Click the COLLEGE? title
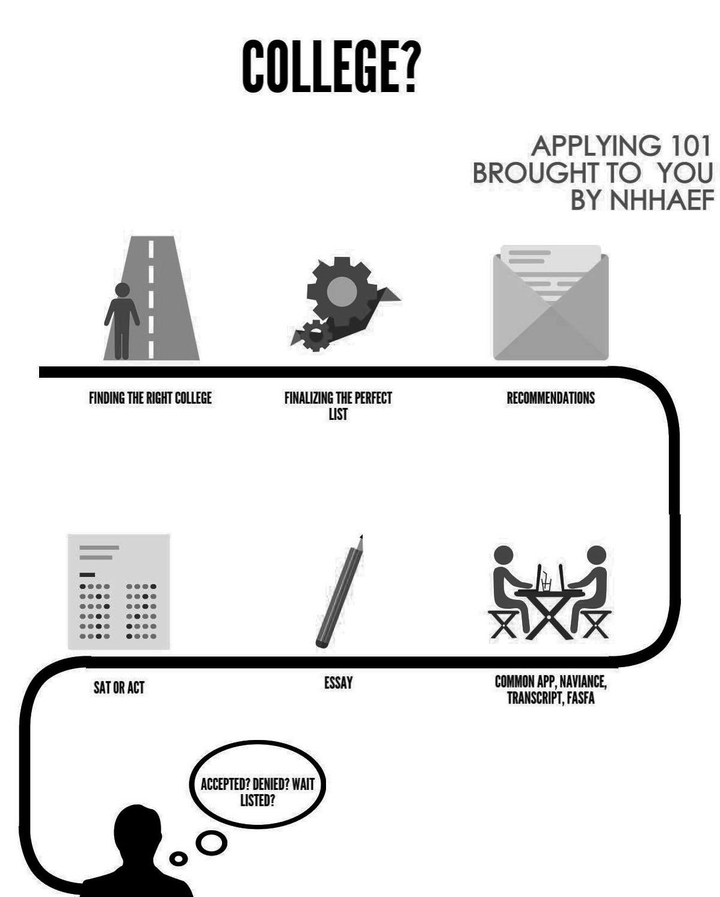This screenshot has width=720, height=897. coord(329,66)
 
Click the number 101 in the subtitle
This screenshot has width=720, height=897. coord(685,146)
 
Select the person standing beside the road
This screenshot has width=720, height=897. coord(122,319)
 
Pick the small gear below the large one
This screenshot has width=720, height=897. coord(315,335)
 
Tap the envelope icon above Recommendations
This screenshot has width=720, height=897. coord(550,303)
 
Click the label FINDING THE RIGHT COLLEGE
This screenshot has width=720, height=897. coord(150,398)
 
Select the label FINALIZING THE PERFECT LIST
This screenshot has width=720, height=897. coord(338,405)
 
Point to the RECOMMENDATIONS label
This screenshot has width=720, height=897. coord(550,398)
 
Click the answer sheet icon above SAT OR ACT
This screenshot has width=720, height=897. coord(119,591)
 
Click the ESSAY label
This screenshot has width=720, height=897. coord(338,683)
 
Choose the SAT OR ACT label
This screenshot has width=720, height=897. coord(119,688)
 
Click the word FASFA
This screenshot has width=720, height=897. coord(580,698)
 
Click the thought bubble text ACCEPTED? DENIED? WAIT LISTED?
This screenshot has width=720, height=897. coord(257,792)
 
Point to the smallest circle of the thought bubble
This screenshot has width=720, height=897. coord(178,859)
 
